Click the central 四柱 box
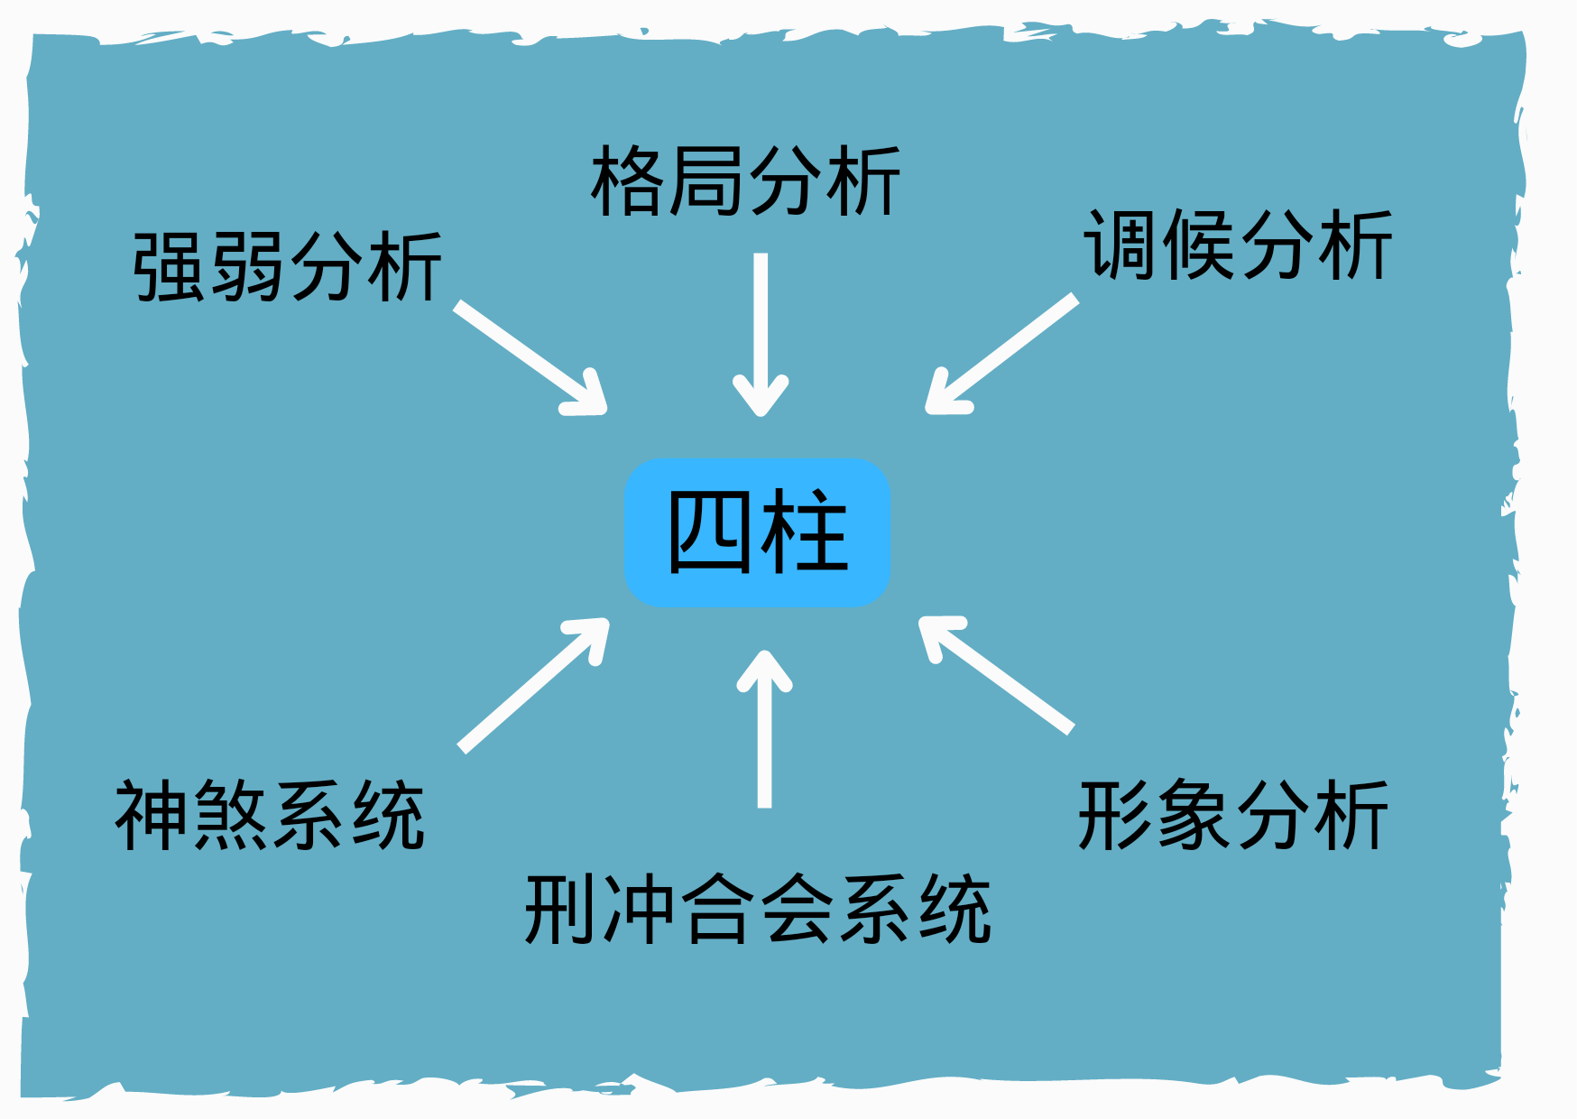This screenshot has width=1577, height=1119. coord(758,532)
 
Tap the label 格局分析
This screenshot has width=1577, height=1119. coord(746,181)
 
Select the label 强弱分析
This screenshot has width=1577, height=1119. coord(288,266)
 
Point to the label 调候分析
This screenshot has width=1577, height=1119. coord(1239,245)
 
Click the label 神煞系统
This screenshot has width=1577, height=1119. coord(270,816)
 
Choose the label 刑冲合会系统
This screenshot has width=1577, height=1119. coord(759,910)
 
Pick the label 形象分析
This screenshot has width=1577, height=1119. coord(1233,816)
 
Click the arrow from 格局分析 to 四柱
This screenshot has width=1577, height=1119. coord(761,335)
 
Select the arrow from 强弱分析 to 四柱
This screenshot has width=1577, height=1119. coord(530,357)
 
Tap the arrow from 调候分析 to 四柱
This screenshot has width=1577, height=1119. coord(1001,354)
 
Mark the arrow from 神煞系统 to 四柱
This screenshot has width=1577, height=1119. coord(534,685)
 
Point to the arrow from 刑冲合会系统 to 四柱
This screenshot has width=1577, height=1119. coord(765,729)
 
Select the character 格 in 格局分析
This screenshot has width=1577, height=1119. coord(629,181)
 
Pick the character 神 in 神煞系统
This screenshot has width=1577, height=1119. coord(152,816)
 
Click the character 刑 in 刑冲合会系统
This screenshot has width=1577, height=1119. coord(563,910)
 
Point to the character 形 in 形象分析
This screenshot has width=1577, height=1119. coord(1116,816)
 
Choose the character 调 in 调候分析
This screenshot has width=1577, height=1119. coord(1121,245)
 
